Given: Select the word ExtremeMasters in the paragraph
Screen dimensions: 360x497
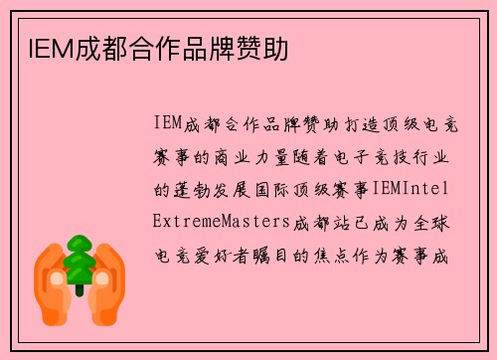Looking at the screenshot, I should tap(220, 219).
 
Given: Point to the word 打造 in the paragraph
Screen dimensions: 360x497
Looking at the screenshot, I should tap(350, 124).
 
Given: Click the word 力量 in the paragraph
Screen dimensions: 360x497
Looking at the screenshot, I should tap(274, 156).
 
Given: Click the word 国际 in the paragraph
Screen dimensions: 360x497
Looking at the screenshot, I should tap(273, 187).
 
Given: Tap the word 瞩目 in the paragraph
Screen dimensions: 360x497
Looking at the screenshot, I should tap(273, 253).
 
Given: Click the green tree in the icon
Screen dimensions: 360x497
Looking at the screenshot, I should tap(79, 260).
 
